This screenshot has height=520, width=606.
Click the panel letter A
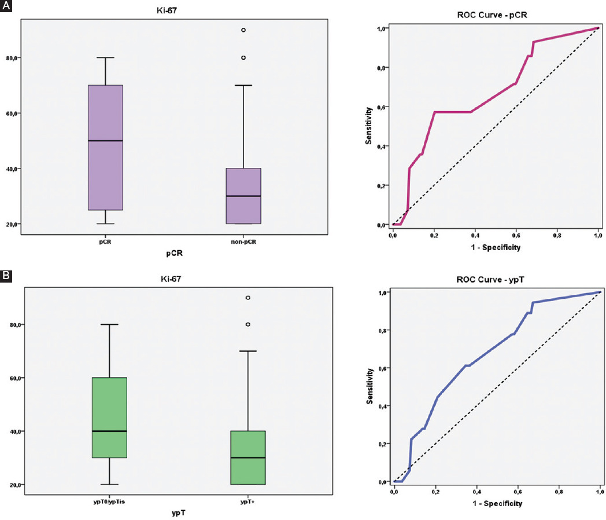coord(6,7)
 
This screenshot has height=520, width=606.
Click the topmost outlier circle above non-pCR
coord(243,30)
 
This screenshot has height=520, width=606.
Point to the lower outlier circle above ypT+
coord(247,324)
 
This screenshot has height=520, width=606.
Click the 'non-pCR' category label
coord(243,241)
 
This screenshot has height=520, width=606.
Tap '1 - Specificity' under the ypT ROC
coord(496,503)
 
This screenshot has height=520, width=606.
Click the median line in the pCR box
coord(105,141)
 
